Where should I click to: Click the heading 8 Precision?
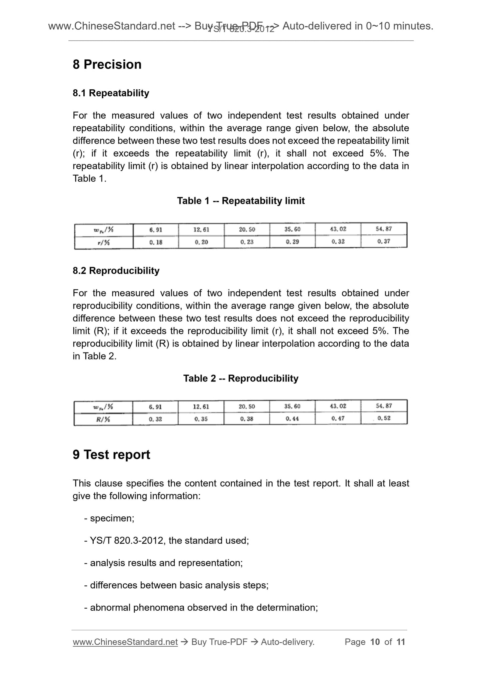click(107, 64)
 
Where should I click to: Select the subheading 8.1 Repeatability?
click(111, 93)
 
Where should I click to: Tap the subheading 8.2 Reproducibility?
click(116, 271)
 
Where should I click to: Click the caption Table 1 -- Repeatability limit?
click(240, 201)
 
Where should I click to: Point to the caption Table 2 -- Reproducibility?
click(240, 378)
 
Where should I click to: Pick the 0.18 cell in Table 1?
click(155, 242)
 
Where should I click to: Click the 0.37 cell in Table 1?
click(384, 241)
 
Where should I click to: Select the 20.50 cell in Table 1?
click(247, 229)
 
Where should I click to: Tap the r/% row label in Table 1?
click(104, 242)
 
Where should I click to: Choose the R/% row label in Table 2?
click(103, 419)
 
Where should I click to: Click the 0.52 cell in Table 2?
click(384, 418)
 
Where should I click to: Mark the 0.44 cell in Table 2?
click(292, 418)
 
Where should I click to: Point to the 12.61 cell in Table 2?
click(201, 406)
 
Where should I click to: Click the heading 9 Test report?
click(111, 454)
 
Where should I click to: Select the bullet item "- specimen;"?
click(109, 518)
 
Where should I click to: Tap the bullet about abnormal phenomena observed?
click(201, 607)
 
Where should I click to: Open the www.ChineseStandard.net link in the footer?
click(125, 642)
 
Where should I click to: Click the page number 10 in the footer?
click(375, 642)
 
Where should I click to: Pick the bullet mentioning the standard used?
click(166, 540)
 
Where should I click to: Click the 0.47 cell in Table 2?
click(338, 418)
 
